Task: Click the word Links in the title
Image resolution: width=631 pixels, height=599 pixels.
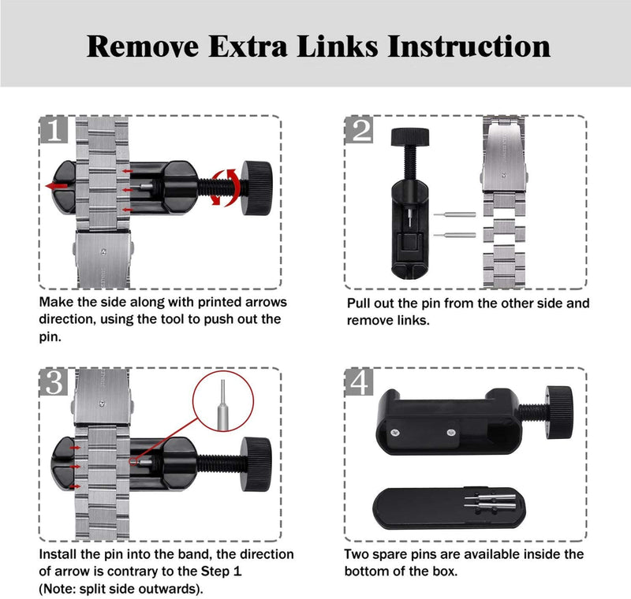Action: (338, 46)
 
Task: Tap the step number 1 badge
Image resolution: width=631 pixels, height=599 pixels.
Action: (54, 129)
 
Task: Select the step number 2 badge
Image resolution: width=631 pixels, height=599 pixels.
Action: (360, 129)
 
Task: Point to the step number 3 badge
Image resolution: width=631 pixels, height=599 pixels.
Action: (54, 382)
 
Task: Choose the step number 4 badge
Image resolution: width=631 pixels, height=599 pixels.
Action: (360, 382)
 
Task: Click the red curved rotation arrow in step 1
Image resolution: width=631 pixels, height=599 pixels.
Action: (226, 188)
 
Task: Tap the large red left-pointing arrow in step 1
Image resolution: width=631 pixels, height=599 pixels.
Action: (56, 186)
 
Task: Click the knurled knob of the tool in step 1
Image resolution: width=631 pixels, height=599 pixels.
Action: (256, 188)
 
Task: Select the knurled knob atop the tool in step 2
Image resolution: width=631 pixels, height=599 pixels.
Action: (409, 137)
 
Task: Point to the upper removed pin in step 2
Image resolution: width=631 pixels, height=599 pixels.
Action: (455, 214)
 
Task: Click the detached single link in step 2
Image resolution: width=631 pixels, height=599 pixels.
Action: (504, 231)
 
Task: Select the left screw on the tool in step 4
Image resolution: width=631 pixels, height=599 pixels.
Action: (395, 433)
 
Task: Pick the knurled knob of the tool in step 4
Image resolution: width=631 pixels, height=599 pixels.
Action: (560, 412)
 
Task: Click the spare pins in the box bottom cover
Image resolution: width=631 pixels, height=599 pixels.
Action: (490, 501)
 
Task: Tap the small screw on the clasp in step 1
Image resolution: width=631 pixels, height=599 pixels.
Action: (104, 252)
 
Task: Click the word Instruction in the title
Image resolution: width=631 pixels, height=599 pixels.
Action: (469, 46)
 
